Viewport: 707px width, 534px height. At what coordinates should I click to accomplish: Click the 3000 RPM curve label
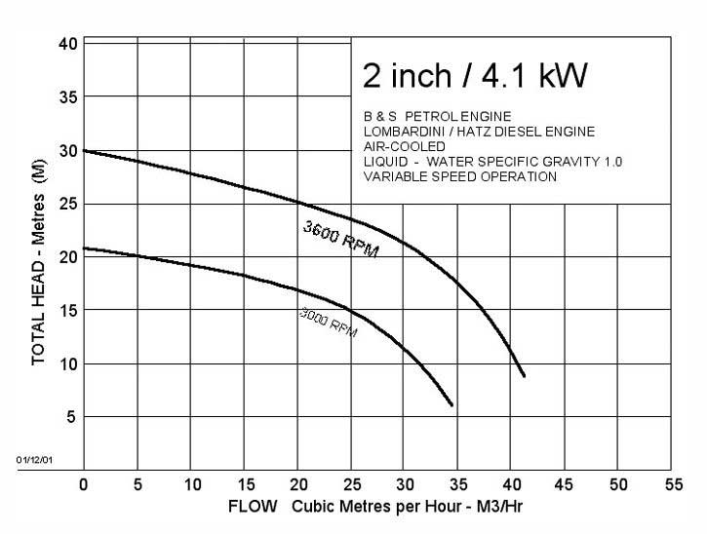pyautogui.click(x=327, y=323)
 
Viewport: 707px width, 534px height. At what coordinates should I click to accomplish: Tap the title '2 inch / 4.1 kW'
pyautogui.click(x=476, y=75)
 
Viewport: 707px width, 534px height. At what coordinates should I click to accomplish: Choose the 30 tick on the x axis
pyautogui.click(x=404, y=484)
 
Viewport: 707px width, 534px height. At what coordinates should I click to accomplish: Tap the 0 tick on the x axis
pyautogui.click(x=84, y=484)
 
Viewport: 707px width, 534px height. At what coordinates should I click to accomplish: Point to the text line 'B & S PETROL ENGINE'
pyautogui.click(x=436, y=117)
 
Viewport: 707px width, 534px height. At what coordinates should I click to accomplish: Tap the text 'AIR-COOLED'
pyautogui.click(x=404, y=146)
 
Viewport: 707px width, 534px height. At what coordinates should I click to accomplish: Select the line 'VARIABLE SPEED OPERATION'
pyautogui.click(x=459, y=176)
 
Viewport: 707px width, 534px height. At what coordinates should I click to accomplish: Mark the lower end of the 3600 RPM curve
pyautogui.click(x=525, y=376)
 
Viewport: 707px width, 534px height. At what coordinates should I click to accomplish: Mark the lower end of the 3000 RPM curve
pyautogui.click(x=452, y=404)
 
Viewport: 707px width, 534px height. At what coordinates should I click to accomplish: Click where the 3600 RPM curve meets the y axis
pyautogui.click(x=85, y=151)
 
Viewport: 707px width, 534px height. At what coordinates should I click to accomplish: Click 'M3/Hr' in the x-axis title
pyautogui.click(x=505, y=508)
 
